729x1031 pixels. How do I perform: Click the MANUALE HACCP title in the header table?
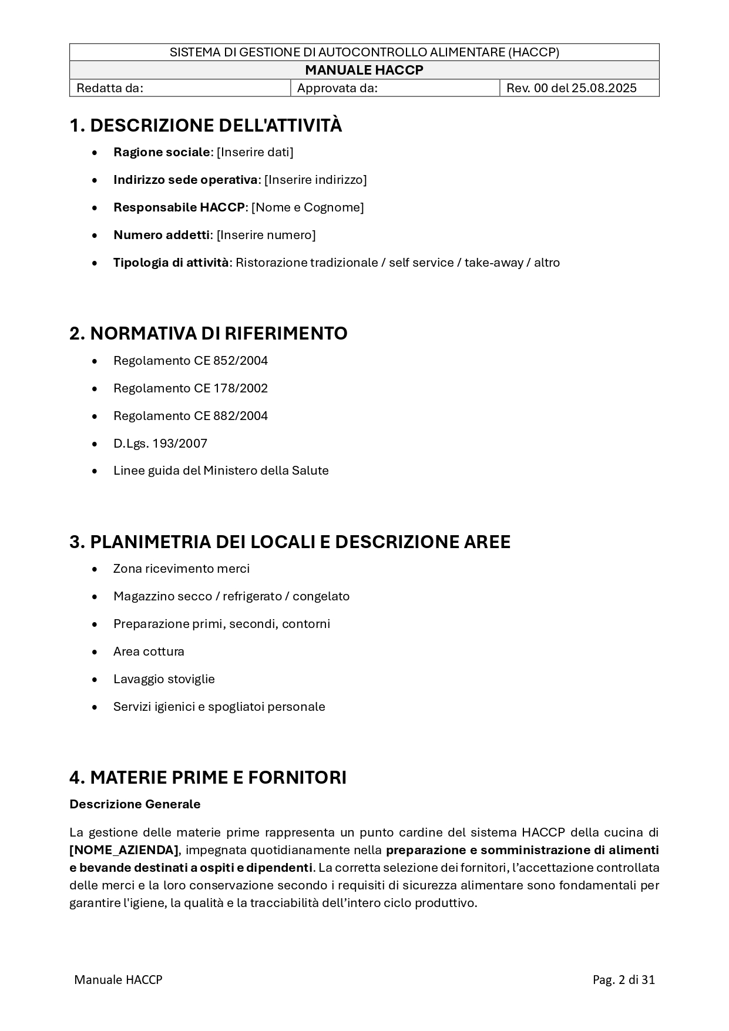point(364,70)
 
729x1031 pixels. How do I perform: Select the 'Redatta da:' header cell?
point(110,88)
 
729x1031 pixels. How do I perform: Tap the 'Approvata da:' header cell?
point(337,88)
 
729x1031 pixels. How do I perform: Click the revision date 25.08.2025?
point(604,88)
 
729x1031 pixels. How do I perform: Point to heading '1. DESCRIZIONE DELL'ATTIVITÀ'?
point(206,126)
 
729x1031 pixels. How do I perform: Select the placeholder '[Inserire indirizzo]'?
point(315,180)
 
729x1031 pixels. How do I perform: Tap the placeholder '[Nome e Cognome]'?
point(308,207)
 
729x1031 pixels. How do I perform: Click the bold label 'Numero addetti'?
point(162,235)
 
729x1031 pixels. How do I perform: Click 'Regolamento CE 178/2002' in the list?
point(190,388)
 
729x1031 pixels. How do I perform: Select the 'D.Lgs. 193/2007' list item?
point(160,444)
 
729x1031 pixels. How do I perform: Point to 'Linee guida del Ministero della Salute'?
point(221,471)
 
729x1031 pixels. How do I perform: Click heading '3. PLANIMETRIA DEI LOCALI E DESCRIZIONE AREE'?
point(290,542)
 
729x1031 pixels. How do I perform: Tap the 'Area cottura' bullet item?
point(149,651)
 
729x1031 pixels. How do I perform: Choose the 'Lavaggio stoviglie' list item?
point(164,679)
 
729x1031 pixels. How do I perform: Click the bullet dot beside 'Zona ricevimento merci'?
point(95,569)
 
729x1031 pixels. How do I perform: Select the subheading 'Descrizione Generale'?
point(135,804)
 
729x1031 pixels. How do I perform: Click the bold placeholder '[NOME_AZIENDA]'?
point(124,850)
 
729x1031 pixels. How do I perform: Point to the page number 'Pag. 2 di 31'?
point(624,980)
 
